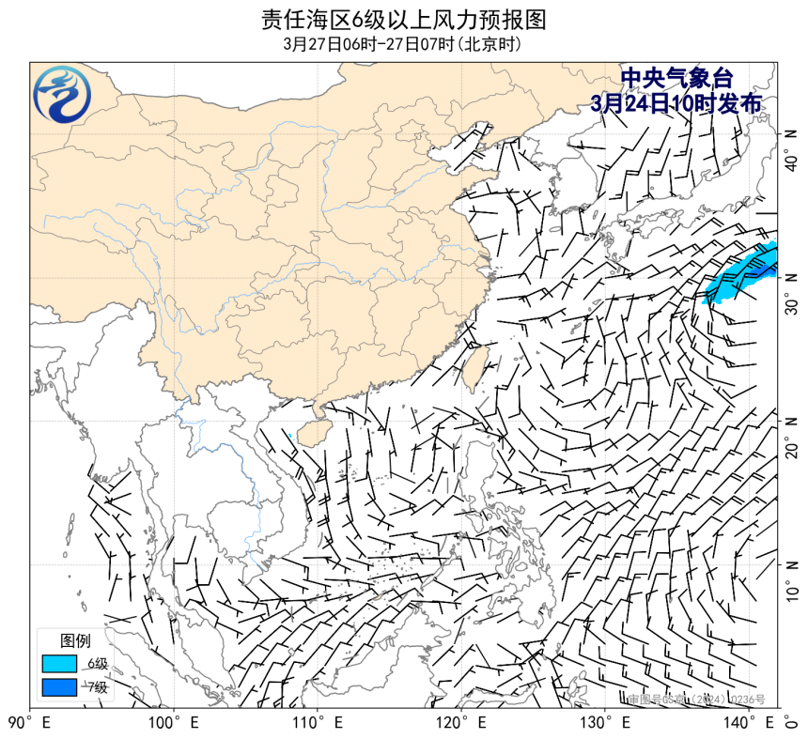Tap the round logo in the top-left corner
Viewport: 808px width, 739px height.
tap(63, 95)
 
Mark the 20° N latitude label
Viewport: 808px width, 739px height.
tap(793, 437)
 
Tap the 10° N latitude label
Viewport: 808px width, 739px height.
tap(793, 579)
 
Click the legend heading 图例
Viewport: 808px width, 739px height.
tap(75, 641)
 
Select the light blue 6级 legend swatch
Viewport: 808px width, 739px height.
tap(59, 664)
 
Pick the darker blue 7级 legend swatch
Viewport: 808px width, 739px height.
tap(59, 687)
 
